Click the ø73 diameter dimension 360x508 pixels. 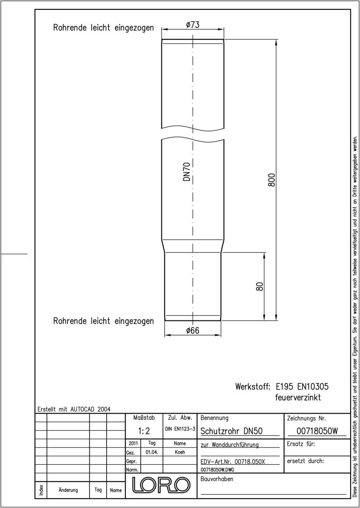click(193, 25)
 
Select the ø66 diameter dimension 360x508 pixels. click(193, 331)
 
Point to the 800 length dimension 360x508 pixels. click(271, 180)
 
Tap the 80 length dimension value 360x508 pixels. click(260, 287)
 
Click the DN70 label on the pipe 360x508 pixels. click(186, 172)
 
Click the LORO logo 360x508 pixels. click(161, 485)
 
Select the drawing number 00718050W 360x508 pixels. click(317, 431)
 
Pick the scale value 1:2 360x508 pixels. click(144, 431)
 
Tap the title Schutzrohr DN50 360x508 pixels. click(231, 431)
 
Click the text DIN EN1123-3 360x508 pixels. click(180, 429)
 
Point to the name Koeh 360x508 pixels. click(180, 452)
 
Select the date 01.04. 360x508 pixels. click(152, 452)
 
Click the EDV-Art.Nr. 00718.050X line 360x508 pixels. click(233, 462)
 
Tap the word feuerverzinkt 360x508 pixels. click(298, 398)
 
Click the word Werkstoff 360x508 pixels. click(253, 387)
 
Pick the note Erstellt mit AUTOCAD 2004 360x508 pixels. click(74, 409)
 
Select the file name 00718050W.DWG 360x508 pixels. click(217, 469)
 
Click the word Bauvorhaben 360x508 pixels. click(217, 479)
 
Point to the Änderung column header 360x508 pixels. click(68, 490)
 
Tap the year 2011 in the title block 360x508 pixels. click(133, 443)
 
